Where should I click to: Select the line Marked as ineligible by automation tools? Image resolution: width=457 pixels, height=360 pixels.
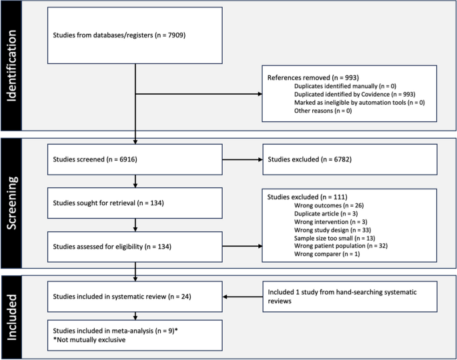pyautogui.click(x=359, y=102)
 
